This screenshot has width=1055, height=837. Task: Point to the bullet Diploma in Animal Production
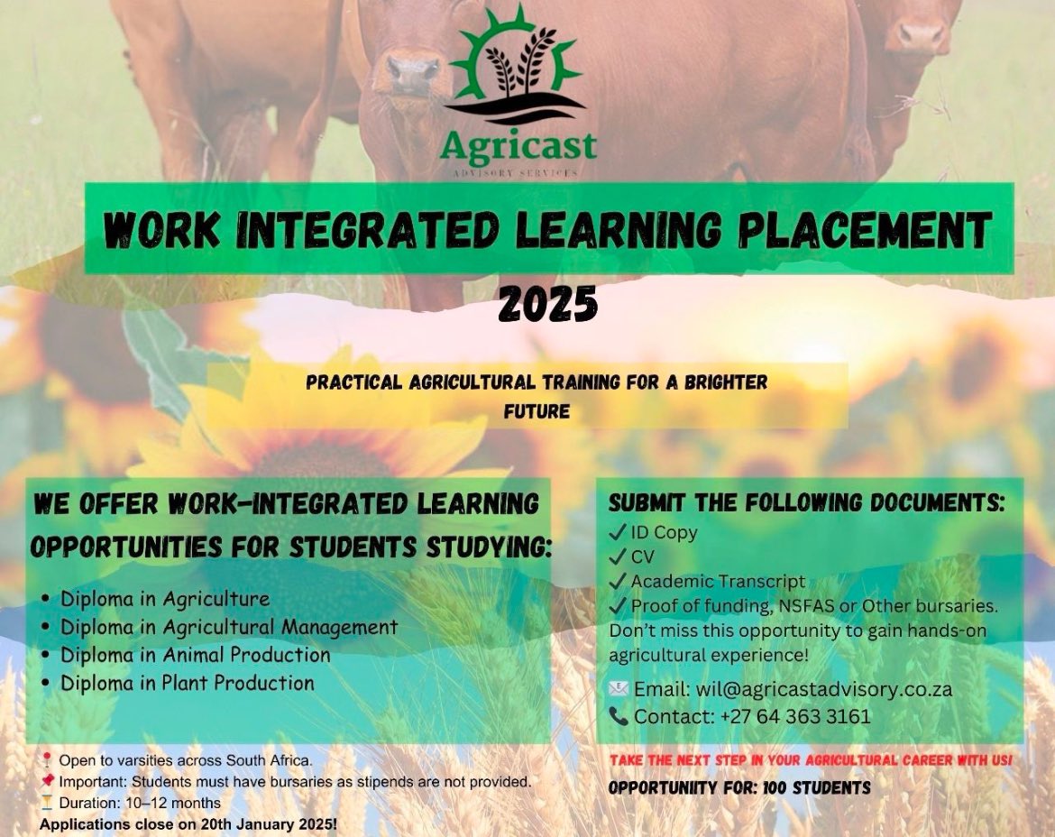[195, 655]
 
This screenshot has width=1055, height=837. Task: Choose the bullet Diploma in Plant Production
[187, 683]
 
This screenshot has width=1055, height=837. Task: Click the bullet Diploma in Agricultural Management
[228, 627]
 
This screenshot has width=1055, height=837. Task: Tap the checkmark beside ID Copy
[618, 532]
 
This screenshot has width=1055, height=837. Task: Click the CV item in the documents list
[643, 556]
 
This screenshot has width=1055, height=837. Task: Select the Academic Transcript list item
[718, 582]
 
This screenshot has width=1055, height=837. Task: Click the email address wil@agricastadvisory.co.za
[824, 689]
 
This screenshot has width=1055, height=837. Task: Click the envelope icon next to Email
[619, 689]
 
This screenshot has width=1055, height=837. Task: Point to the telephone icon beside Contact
[619, 717]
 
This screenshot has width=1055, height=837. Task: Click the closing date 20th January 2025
[257, 824]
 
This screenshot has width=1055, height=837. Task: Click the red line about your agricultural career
[811, 760]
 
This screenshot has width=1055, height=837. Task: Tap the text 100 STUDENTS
[817, 788]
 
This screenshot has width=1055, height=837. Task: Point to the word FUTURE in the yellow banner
[537, 412]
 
